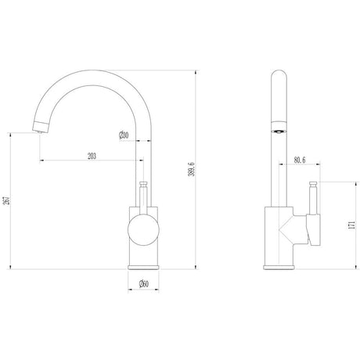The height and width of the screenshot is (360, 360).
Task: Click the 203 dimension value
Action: click(92, 156)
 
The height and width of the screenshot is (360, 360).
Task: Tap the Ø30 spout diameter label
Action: click(124, 135)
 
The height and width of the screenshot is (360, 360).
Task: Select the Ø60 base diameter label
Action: click(144, 283)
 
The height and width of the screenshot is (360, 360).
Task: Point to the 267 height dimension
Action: click(8, 200)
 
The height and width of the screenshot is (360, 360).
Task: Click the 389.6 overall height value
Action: click(192, 169)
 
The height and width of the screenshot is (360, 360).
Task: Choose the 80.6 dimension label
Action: click(300, 160)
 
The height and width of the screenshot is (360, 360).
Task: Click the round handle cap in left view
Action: click(143, 230)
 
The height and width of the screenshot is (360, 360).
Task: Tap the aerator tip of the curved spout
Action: click(40, 131)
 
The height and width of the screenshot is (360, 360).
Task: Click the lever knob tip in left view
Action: click(143, 184)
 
